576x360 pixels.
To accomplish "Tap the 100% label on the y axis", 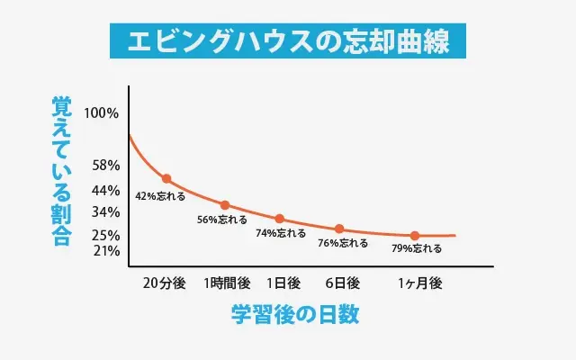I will [x=100, y=113].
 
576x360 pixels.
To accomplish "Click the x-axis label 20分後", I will [x=164, y=283].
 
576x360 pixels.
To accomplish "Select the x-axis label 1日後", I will [x=283, y=283].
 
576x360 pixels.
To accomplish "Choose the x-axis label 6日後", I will [x=342, y=283].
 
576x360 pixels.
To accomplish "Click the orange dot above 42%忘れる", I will [x=166, y=179].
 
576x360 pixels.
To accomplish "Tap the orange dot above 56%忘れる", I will [x=225, y=205].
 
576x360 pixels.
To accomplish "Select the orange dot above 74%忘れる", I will [x=280, y=219].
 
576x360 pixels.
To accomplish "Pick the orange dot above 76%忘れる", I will [x=339, y=229].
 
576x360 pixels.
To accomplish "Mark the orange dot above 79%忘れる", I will [x=415, y=236].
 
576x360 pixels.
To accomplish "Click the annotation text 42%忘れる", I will [x=160, y=195].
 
